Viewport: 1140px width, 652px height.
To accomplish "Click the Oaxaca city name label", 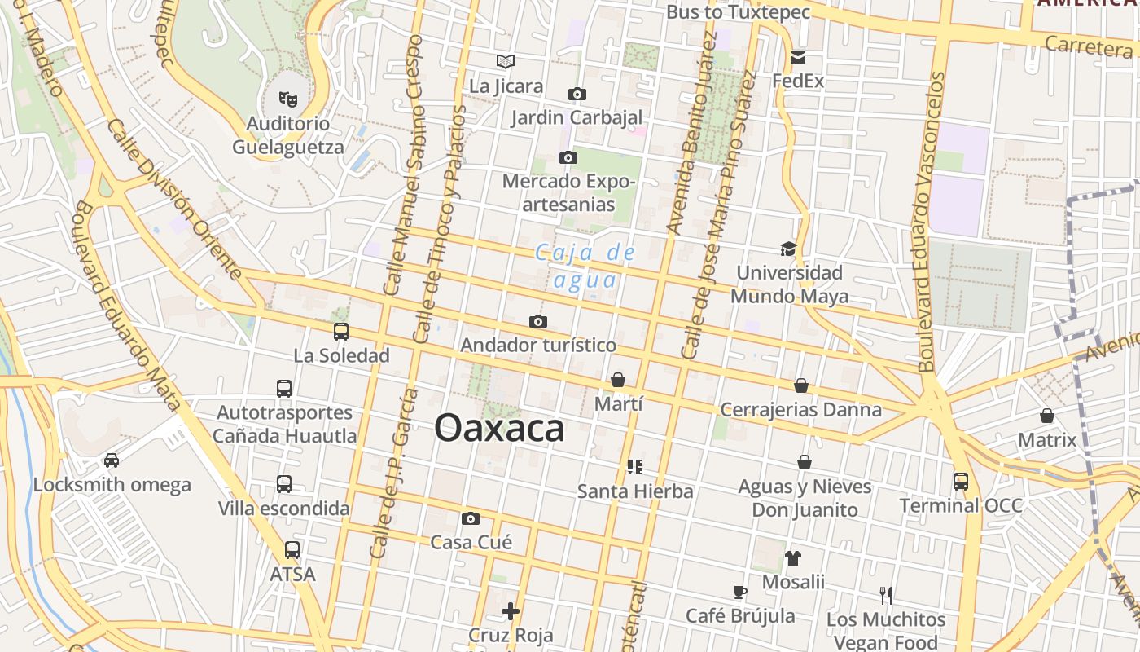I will click(x=499, y=428).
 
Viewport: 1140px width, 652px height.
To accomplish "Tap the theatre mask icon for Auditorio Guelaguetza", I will click(x=287, y=99).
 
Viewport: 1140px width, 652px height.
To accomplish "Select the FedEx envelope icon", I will click(x=797, y=58).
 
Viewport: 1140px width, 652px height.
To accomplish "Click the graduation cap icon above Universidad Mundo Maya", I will click(x=787, y=249).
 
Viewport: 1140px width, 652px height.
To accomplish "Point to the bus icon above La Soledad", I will click(x=341, y=332).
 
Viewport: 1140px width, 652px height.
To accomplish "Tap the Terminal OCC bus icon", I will click(x=961, y=482).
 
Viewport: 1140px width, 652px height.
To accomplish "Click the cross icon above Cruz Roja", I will click(x=511, y=610).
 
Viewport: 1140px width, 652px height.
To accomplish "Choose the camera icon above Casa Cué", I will click(x=471, y=518).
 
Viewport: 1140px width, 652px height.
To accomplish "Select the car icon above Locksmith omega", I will click(x=112, y=460).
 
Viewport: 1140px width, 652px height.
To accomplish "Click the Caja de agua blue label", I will click(x=585, y=266).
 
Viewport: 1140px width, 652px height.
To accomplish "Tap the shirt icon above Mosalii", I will click(x=793, y=558).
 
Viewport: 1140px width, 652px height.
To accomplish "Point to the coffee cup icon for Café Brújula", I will click(x=739, y=592).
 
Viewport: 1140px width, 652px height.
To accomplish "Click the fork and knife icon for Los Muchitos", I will click(x=886, y=596).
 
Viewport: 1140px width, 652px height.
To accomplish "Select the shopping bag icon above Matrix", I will click(x=1047, y=416).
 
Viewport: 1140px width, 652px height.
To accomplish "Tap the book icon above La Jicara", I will click(x=506, y=61).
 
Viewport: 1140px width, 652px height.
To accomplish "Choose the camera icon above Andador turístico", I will click(x=538, y=322).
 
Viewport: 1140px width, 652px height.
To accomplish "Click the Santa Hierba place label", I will click(x=635, y=491).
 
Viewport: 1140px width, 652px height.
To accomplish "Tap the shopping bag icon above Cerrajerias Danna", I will click(x=801, y=385).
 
